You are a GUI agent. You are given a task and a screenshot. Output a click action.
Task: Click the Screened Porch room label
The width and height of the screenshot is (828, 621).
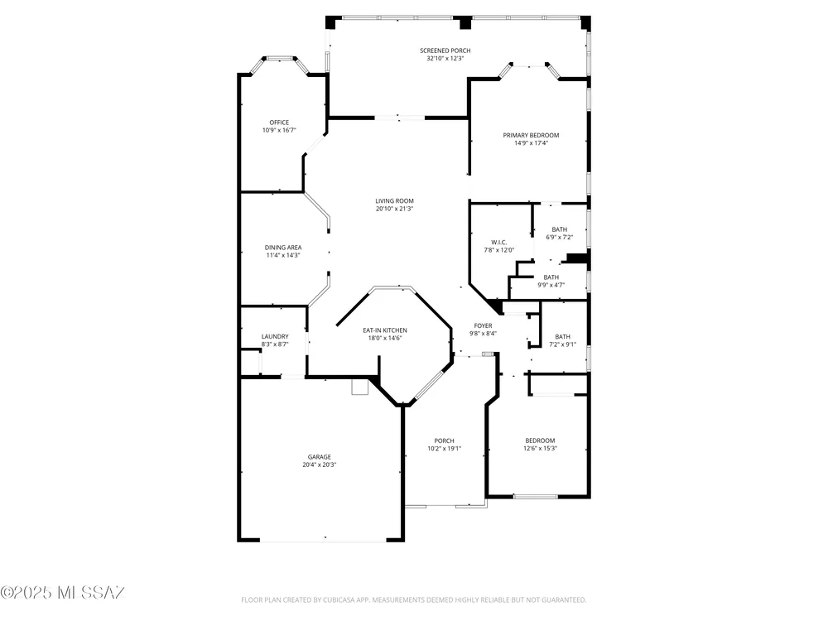(x=445, y=51)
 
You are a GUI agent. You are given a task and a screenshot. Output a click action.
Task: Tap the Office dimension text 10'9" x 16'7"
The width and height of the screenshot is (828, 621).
(x=279, y=130)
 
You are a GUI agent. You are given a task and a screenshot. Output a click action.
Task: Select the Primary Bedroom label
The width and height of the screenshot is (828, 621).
(x=531, y=135)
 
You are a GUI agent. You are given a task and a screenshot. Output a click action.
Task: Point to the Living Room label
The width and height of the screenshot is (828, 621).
(x=394, y=200)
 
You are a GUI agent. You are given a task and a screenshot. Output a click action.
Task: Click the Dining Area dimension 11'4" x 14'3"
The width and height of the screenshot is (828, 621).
(x=283, y=255)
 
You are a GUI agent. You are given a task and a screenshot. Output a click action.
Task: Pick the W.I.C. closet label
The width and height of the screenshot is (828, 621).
(x=499, y=243)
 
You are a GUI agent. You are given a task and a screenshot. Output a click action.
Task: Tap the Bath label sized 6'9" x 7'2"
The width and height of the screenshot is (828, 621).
(x=559, y=229)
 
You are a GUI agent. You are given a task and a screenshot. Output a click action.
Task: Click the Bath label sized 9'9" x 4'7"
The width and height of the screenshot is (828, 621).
(x=551, y=277)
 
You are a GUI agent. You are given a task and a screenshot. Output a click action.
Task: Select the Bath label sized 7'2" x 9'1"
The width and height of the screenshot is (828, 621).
(x=563, y=336)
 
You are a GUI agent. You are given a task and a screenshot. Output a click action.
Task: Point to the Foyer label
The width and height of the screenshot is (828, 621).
(x=484, y=325)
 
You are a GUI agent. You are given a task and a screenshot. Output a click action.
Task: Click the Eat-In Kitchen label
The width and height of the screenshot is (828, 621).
(x=385, y=330)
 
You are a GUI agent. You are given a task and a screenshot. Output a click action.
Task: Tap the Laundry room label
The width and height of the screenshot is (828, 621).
(x=275, y=336)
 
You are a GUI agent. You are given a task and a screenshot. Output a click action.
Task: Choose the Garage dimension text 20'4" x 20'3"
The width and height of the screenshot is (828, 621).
(x=320, y=465)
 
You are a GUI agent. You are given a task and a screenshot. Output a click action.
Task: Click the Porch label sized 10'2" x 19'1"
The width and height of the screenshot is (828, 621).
(x=444, y=441)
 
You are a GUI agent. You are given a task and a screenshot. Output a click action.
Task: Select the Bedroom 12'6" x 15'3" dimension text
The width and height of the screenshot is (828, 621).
(x=540, y=448)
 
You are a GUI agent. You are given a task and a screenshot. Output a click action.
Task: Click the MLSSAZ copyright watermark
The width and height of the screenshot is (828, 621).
(x=62, y=593)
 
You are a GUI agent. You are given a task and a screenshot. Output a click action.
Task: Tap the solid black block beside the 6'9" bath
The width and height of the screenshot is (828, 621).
(x=577, y=258)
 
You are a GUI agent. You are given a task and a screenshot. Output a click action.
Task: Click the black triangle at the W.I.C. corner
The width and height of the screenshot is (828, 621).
(x=496, y=306)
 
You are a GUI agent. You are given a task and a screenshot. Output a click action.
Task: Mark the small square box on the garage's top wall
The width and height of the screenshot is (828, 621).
(x=359, y=387)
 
